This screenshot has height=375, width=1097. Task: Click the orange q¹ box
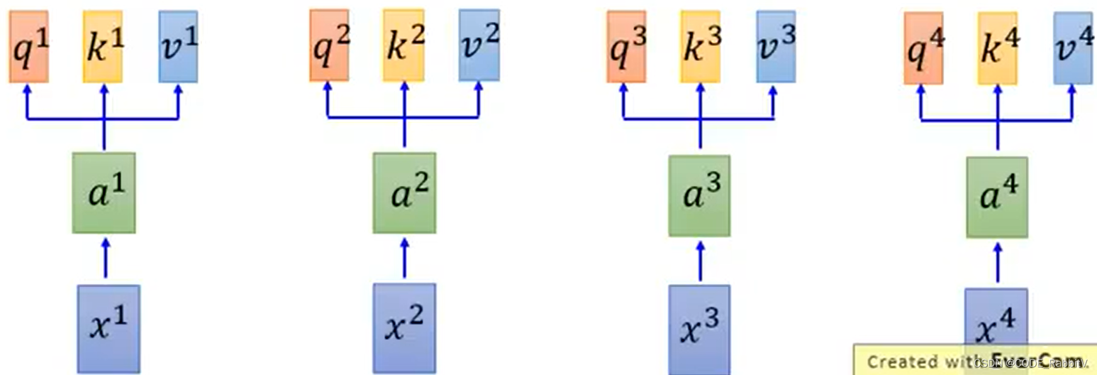point(28,46)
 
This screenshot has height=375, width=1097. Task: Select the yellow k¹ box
point(103,46)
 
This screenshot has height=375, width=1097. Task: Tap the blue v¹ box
point(178,46)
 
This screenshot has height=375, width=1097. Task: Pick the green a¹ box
point(104,193)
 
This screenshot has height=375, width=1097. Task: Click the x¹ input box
point(108,329)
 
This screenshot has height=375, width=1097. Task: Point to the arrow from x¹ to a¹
point(105,258)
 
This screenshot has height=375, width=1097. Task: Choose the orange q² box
point(329,45)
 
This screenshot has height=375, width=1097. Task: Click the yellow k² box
point(404,45)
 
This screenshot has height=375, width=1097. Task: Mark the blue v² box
point(479,45)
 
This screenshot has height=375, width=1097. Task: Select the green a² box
point(404,193)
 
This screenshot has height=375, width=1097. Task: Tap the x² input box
point(404,328)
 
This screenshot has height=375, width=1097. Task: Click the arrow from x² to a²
point(404,258)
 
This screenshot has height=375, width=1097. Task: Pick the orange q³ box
point(626,46)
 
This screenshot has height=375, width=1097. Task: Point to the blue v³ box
point(776,46)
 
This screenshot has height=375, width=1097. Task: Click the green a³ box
point(699,195)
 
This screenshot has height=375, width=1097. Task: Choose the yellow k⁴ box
point(998,48)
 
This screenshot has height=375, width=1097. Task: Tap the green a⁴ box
point(997,197)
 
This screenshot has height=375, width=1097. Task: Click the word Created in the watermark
point(893,362)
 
